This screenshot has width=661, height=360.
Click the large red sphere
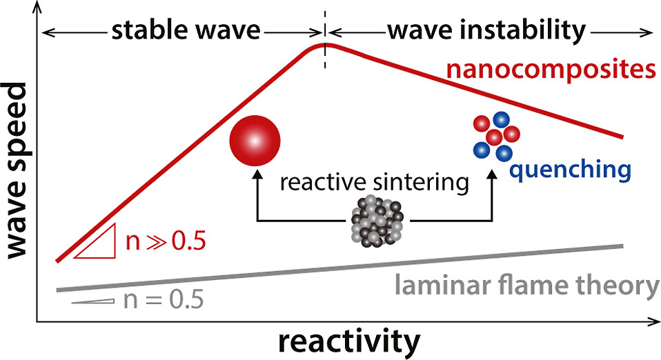[x=255, y=142]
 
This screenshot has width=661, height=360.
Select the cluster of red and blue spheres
[x=495, y=137]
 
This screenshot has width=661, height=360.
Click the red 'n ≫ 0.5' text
[x=165, y=243]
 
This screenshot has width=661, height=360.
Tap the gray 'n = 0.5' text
[x=165, y=301]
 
